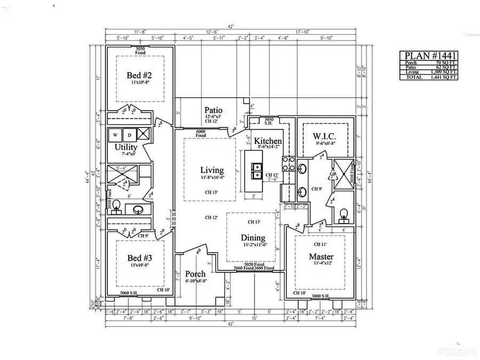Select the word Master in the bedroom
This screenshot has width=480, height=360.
click(322, 257)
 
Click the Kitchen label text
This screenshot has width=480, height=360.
click(267, 141)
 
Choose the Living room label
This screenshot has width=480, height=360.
click(211, 170)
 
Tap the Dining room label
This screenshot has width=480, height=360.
click(252, 238)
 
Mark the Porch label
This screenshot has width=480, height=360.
click(195, 274)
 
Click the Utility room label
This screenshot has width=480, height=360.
click(126, 147)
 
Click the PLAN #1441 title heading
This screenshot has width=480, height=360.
click(428, 55)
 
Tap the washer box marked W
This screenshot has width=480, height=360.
click(115, 134)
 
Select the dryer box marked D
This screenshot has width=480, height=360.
click(129, 134)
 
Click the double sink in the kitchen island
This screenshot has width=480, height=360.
click(256, 170)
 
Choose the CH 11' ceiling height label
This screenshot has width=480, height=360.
click(322, 243)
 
